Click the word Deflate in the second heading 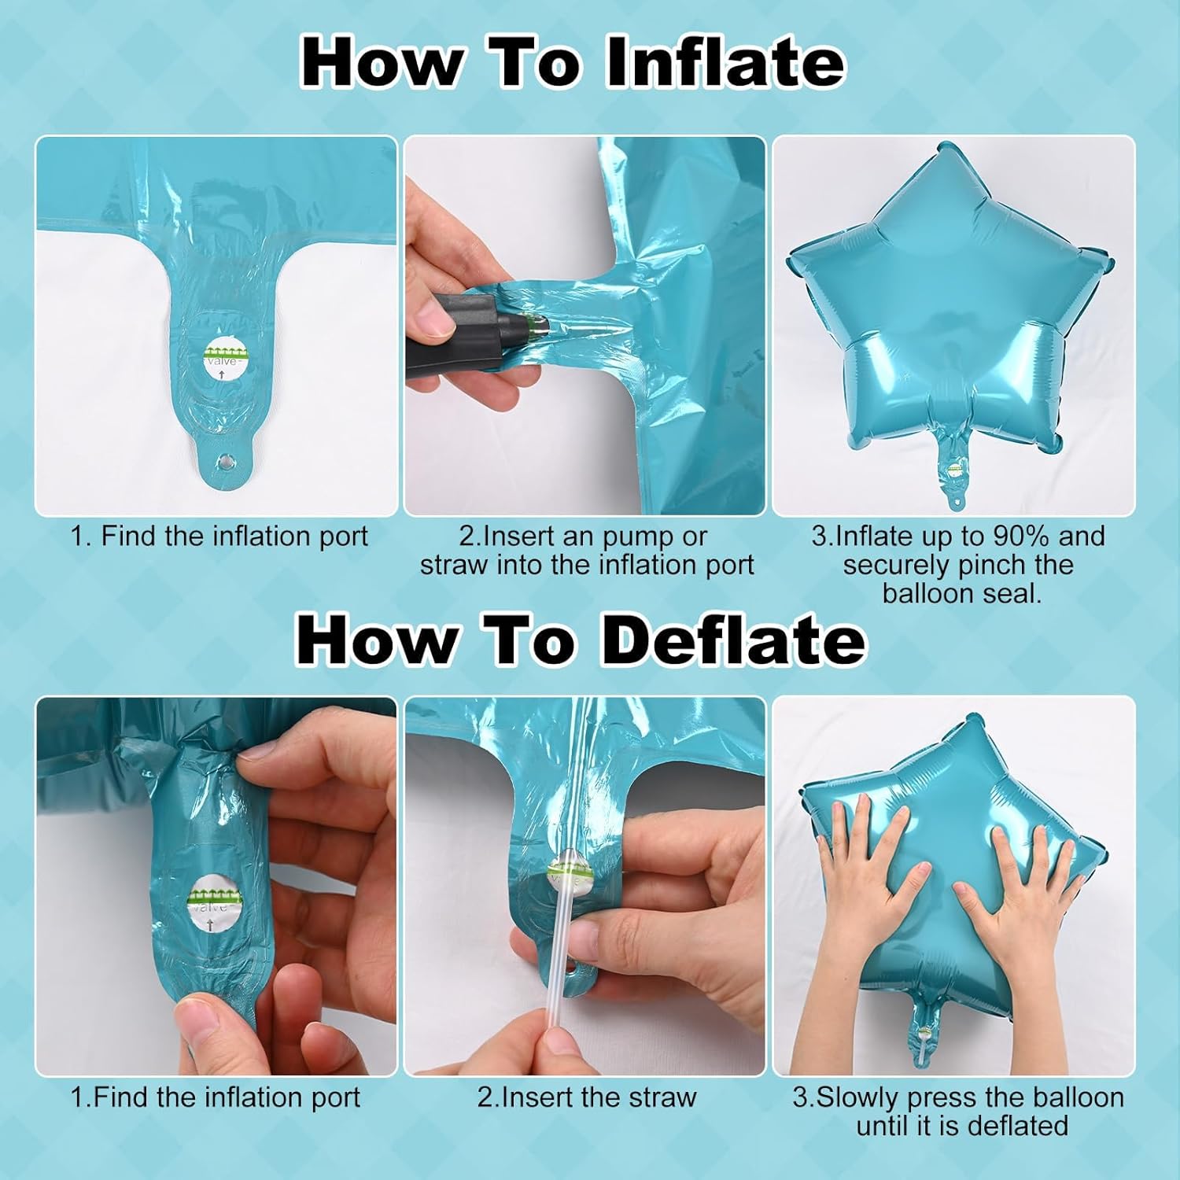pos(733,640)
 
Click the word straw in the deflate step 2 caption pos(659,1097)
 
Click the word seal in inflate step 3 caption pos(1015,593)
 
